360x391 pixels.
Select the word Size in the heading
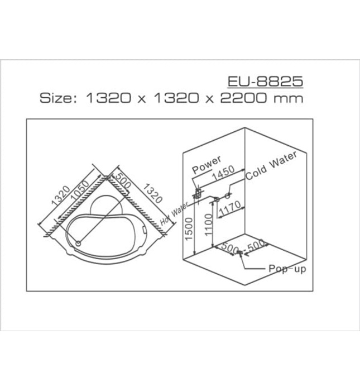[56, 98]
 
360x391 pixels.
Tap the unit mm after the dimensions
[291, 98]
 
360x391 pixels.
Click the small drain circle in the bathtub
[78, 243]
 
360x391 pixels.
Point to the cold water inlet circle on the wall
[228, 195]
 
